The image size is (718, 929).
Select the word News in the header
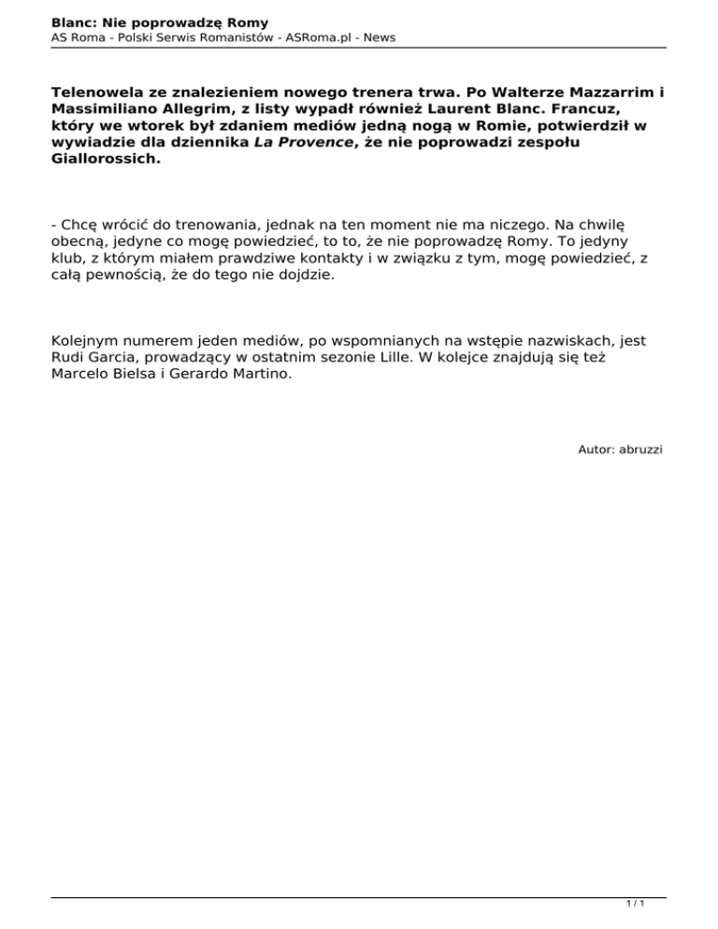point(379,37)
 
